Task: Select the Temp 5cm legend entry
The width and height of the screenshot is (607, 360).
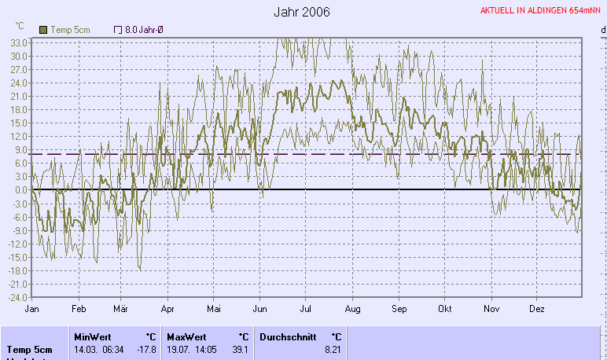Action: (x=66, y=30)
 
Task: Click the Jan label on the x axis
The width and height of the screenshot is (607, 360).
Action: (x=32, y=309)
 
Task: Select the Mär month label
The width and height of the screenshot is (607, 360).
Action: (x=120, y=309)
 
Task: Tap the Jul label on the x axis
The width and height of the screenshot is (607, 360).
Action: (x=306, y=309)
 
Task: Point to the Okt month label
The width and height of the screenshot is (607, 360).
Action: (x=446, y=309)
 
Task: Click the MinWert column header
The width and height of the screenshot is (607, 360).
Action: (x=94, y=336)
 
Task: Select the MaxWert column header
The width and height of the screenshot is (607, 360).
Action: (x=187, y=336)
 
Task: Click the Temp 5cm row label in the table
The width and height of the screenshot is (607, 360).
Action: (x=30, y=349)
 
